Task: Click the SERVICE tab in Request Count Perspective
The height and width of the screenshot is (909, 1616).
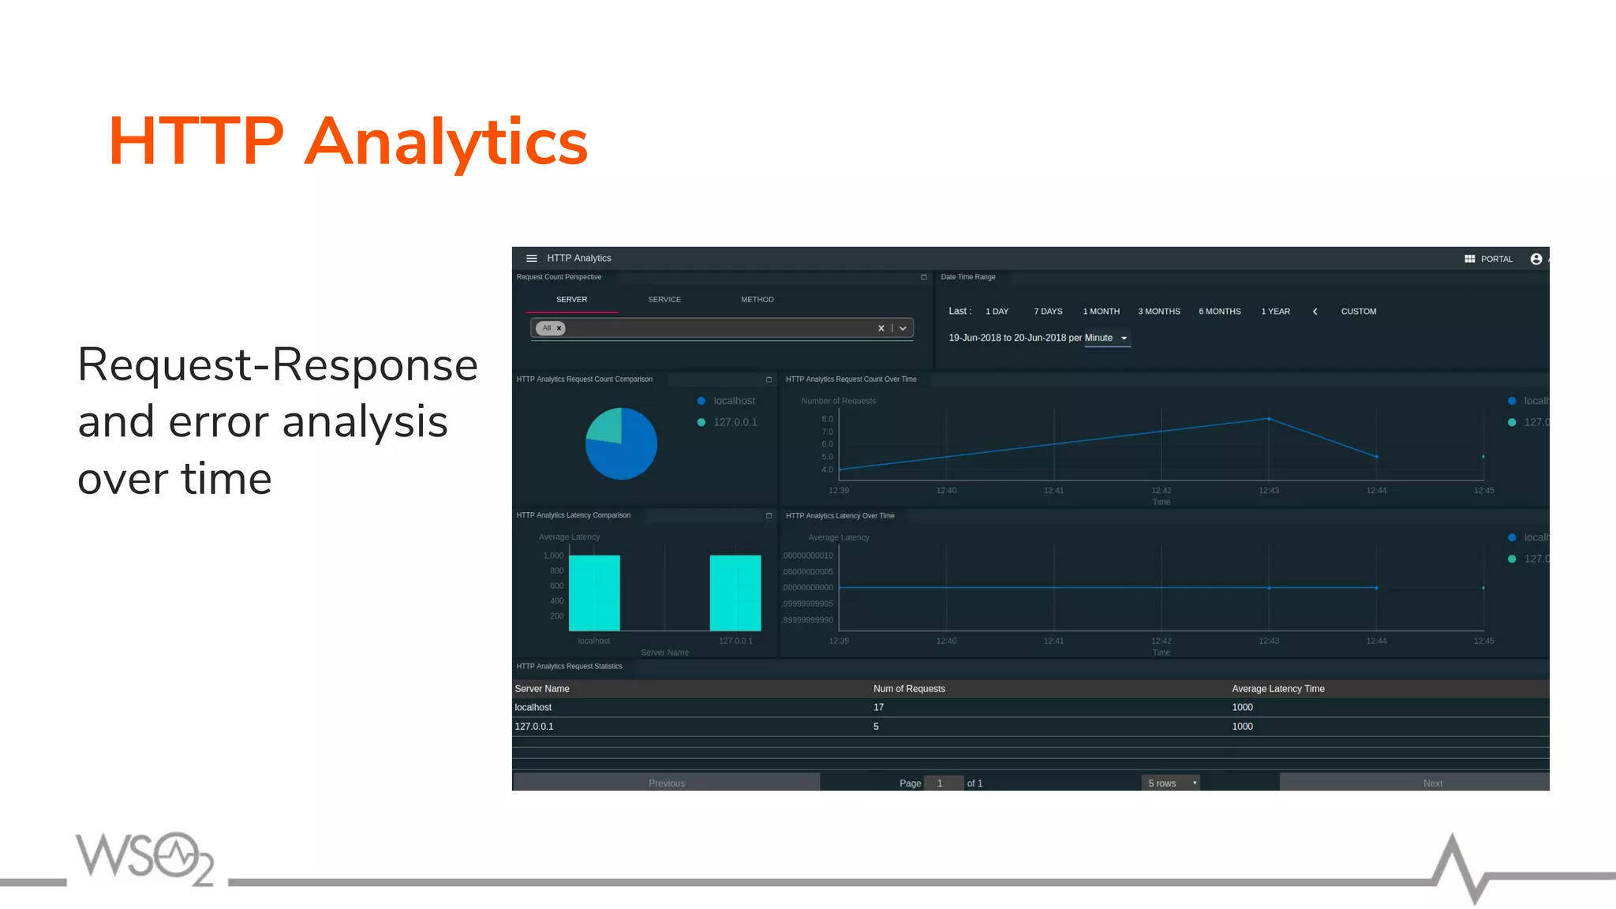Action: point(664,300)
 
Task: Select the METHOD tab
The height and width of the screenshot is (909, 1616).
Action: point(757,300)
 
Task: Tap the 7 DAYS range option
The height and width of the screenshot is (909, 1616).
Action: point(1048,312)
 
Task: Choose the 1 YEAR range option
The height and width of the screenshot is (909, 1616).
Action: point(1275,312)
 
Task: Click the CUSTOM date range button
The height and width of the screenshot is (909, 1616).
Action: point(1358,312)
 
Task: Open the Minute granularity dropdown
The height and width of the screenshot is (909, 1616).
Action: point(1106,339)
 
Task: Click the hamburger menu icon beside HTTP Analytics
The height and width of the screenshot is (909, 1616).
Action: point(531,259)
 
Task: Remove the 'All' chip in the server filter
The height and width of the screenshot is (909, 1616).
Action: point(559,328)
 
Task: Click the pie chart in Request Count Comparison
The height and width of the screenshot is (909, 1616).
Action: point(621,443)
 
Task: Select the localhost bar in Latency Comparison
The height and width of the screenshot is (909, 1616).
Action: point(594,593)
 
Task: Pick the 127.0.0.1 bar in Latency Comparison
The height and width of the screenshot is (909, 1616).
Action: point(735,593)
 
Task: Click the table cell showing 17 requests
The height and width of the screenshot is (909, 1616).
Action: point(878,708)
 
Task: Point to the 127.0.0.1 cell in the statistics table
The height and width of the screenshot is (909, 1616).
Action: point(534,727)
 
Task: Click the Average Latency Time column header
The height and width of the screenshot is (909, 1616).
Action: point(1277,689)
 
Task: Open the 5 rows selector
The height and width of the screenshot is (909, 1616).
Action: point(1170,783)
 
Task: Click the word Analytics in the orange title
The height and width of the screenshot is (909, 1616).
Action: point(446,142)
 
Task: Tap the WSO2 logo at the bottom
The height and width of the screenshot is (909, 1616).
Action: point(144,858)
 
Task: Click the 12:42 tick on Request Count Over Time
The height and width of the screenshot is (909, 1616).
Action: point(1161,491)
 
